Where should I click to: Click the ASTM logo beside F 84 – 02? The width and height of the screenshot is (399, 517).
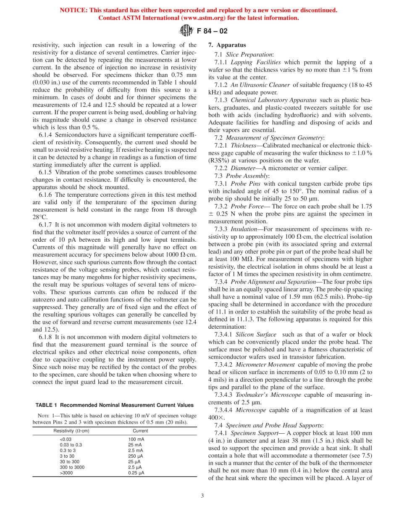click(x=185, y=30)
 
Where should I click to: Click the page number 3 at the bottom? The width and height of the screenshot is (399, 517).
click(x=202, y=496)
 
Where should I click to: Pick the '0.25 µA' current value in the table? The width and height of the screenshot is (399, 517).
click(x=136, y=472)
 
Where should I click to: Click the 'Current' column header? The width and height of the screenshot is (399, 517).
click(x=140, y=430)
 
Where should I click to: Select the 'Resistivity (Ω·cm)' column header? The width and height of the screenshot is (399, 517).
click(x=71, y=430)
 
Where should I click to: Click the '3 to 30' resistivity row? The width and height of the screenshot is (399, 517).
click(x=67, y=456)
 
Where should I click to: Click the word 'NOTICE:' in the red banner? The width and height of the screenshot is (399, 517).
click(x=72, y=10)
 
